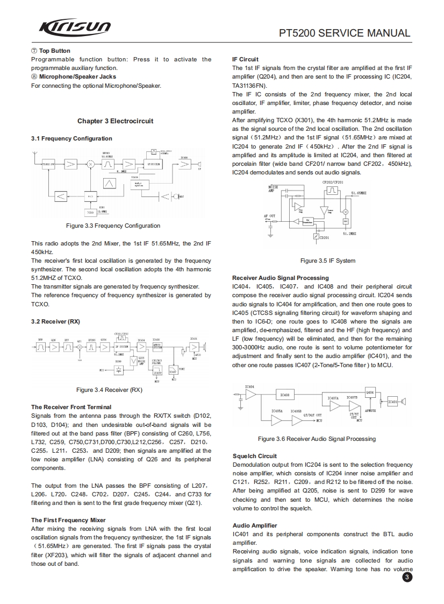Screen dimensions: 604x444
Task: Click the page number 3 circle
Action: click(406, 578)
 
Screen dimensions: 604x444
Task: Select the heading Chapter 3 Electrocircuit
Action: click(115, 121)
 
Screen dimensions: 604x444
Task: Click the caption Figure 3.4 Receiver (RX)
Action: click(109, 390)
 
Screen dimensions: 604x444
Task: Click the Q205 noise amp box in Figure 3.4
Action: click(134, 361)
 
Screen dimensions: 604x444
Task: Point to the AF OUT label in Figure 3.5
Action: click(269, 216)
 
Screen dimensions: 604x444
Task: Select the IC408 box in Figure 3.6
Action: click(286, 395)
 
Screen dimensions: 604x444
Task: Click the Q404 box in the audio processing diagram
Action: click(370, 392)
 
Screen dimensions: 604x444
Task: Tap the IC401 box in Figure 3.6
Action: click(392, 402)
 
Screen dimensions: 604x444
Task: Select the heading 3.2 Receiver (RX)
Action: click(55, 321)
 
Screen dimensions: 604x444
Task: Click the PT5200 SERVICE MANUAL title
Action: click(345, 33)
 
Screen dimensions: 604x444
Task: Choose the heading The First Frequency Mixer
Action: click(68, 520)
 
